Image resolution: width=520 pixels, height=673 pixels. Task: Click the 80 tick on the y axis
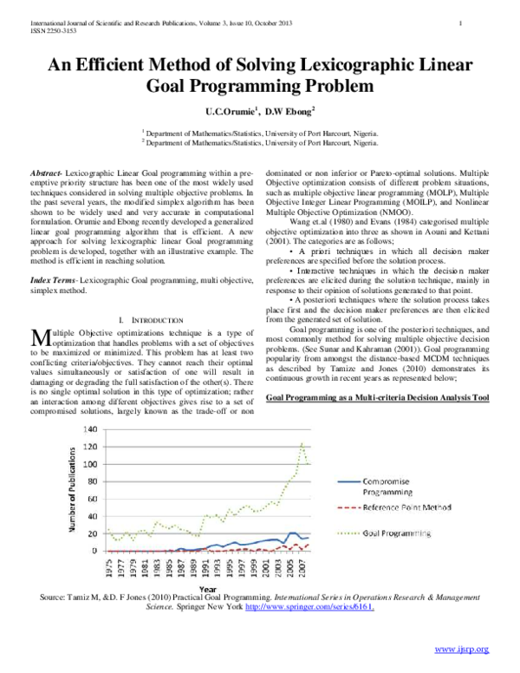click(90, 481)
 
